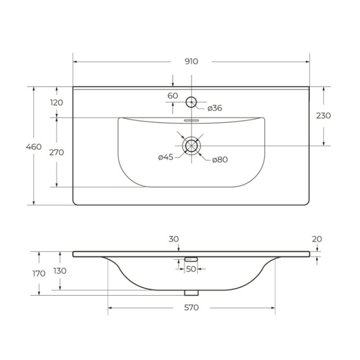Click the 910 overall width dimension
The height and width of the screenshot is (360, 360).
(x=191, y=61)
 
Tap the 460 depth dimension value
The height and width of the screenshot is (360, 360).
(x=34, y=146)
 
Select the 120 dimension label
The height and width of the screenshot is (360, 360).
(x=57, y=102)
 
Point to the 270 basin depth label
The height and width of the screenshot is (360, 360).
(x=57, y=152)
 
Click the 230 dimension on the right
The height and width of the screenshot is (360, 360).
(x=324, y=116)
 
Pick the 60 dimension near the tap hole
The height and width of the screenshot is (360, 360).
(x=173, y=96)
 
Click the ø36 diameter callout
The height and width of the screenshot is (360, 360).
(x=215, y=108)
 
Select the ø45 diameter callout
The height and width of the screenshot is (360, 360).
(x=166, y=157)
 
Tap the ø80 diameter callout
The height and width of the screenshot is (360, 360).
(x=220, y=159)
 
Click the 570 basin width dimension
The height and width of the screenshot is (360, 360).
(x=191, y=308)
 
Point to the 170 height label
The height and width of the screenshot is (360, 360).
(x=39, y=274)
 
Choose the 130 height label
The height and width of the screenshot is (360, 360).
(x=60, y=271)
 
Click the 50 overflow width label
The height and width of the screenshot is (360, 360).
(x=191, y=269)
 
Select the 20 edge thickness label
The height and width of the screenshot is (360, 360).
(x=316, y=239)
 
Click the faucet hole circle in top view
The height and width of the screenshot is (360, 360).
(x=191, y=102)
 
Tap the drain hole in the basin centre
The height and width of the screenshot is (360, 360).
(x=192, y=145)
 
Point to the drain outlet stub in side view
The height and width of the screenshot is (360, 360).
(x=192, y=293)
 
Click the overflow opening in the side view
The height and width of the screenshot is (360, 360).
(x=191, y=260)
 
